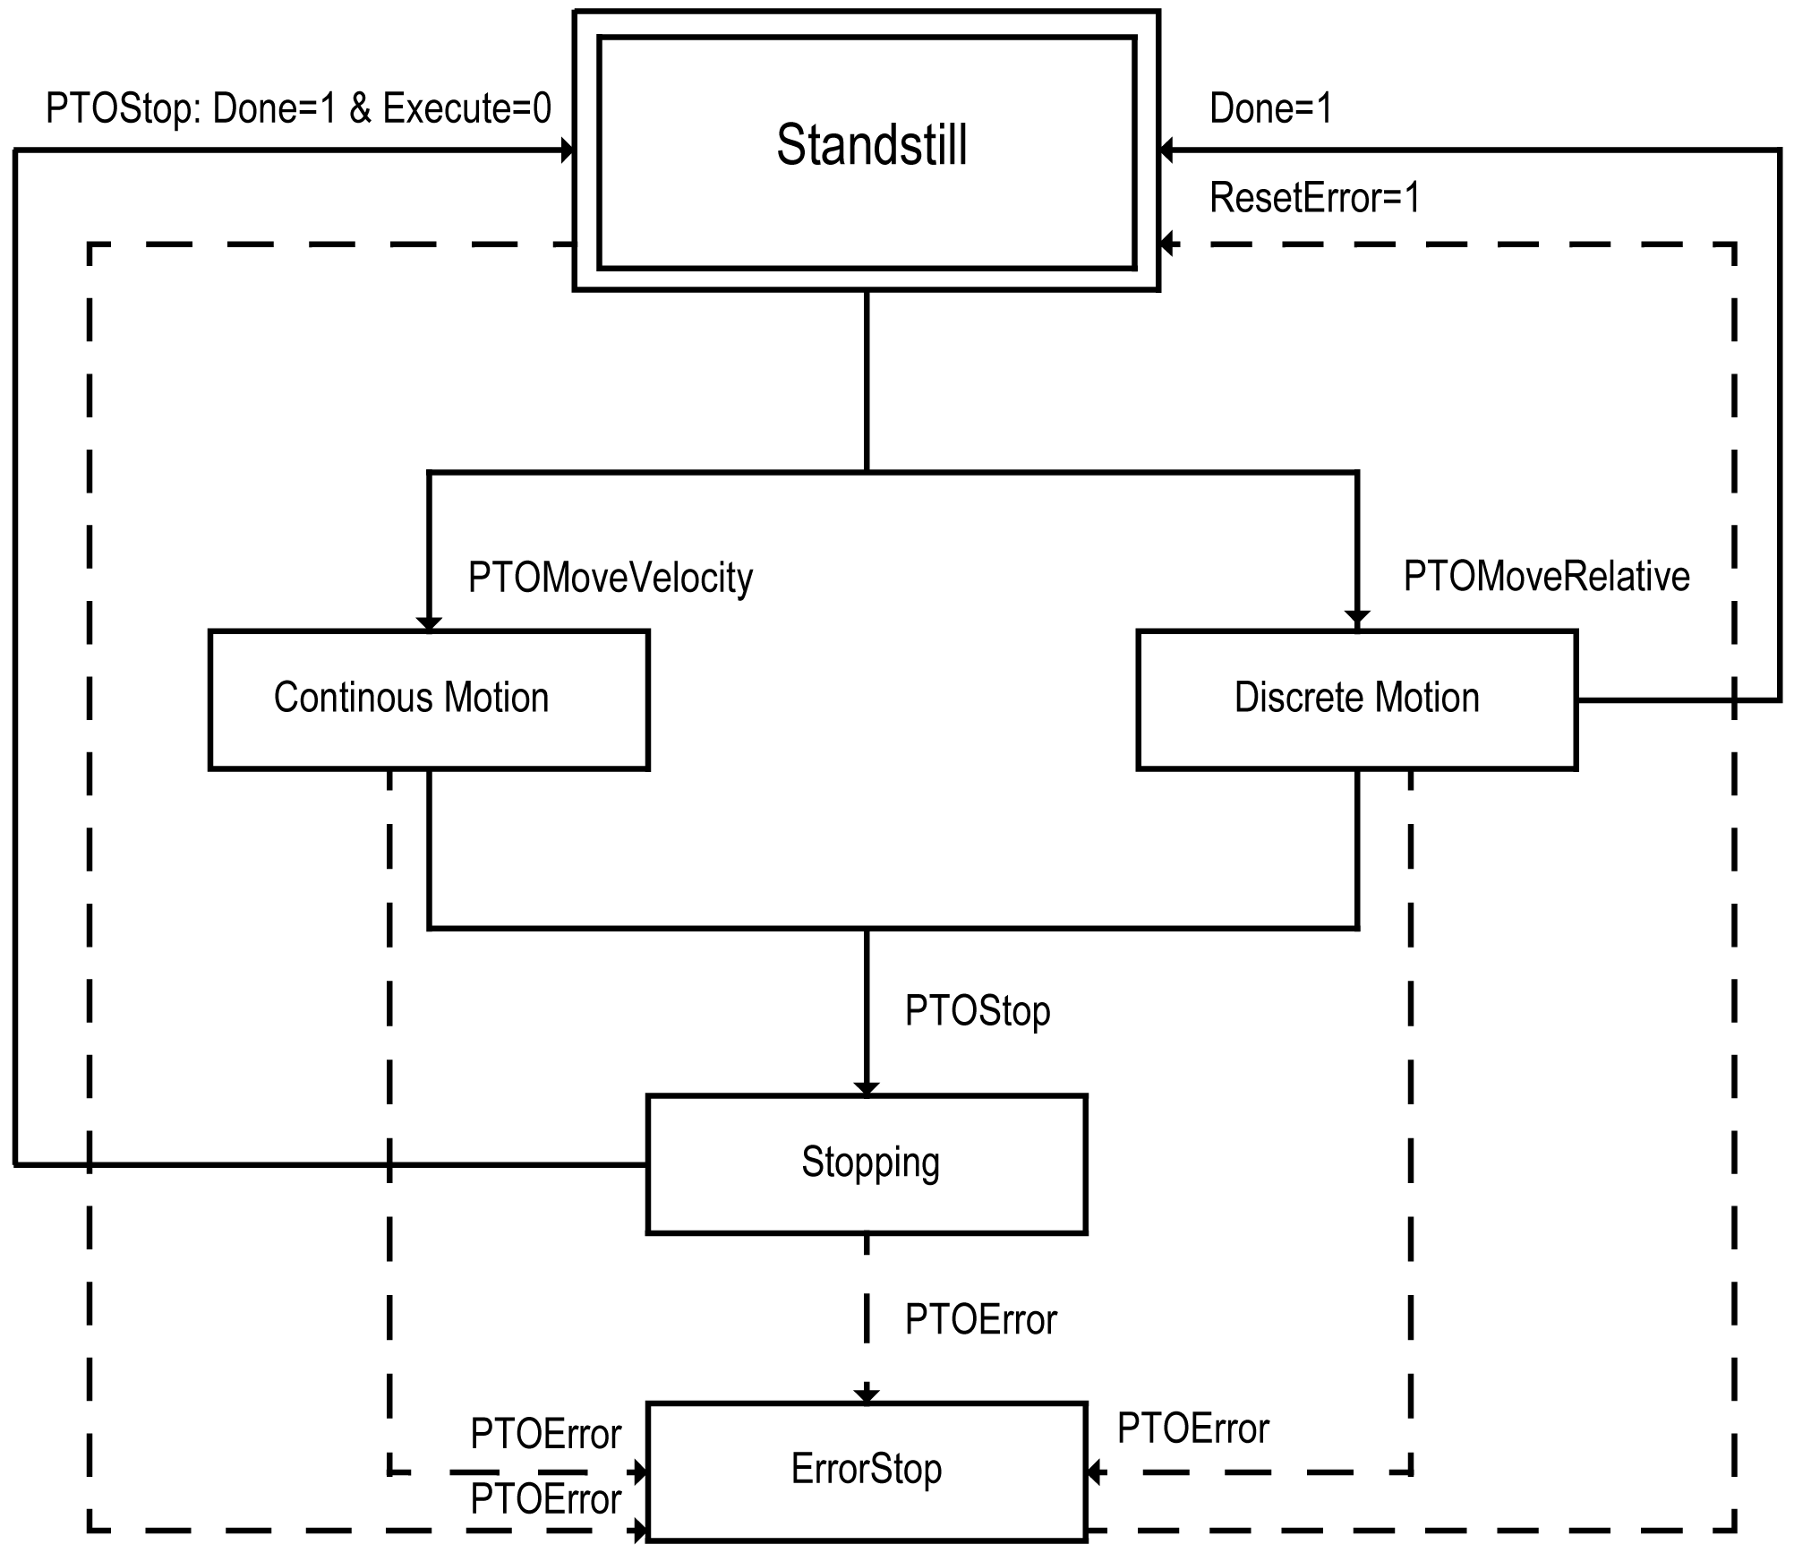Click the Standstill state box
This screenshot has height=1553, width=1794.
coord(867,150)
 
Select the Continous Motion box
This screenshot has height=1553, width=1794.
coord(429,699)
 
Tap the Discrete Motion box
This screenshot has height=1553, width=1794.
coord(1356,699)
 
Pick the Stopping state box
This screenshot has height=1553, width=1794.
coord(867,1164)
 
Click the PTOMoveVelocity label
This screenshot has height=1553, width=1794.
coord(611,578)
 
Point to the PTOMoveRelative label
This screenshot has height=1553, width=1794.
coord(1546,576)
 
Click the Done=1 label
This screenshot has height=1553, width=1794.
coord(1271,108)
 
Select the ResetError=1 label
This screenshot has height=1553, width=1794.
coord(1315,198)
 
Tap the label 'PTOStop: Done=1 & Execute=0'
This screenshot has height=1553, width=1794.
coord(298,108)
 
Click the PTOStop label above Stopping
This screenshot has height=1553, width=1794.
coord(978,1011)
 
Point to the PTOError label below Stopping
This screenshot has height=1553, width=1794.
coord(981,1320)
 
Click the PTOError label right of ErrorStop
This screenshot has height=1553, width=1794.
coord(1192,1429)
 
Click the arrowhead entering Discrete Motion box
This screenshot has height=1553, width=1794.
coord(1357,620)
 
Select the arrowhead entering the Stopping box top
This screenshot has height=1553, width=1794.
coord(867,1088)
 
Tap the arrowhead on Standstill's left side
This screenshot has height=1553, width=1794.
coord(567,150)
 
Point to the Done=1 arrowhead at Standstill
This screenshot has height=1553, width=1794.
coord(1166,150)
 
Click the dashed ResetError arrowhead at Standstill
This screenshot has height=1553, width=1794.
coord(1166,243)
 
